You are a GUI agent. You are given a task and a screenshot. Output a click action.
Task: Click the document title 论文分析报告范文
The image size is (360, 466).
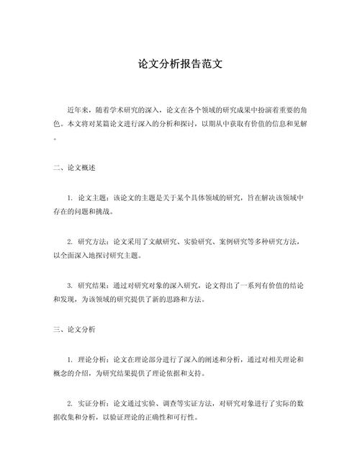click(180, 63)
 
